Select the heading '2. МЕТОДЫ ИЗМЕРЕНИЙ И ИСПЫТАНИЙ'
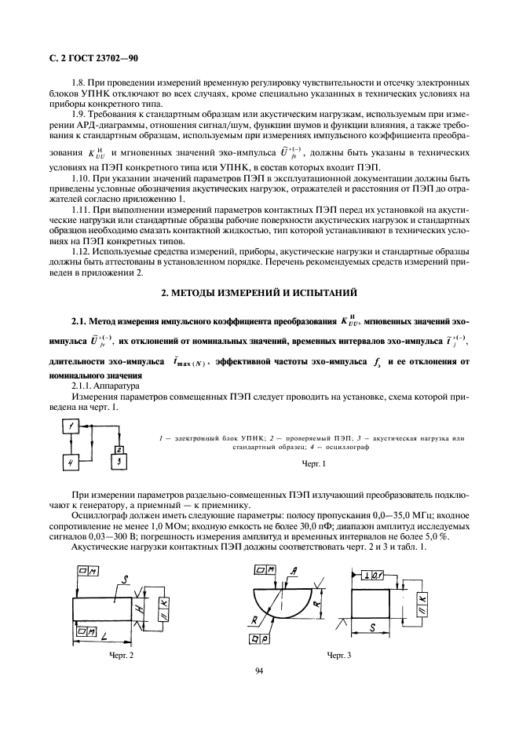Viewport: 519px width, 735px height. (x=259, y=293)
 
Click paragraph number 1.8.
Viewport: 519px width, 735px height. (x=80, y=82)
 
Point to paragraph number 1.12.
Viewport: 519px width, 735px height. (x=82, y=250)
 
